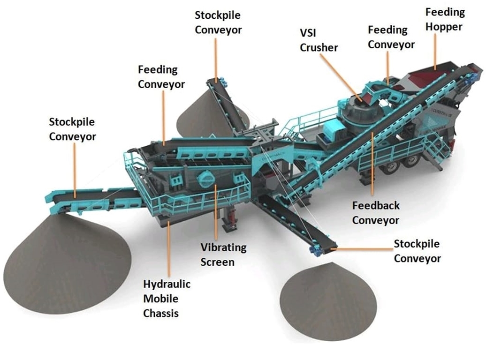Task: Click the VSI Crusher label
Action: pos(319,40)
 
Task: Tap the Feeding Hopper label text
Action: pos(445,19)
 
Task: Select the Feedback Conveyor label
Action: pos(376,212)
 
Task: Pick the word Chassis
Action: pos(161,313)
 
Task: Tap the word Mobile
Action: pos(161,299)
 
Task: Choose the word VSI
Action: pos(310,33)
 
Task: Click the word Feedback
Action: pos(376,205)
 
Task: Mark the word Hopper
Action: pos(444,27)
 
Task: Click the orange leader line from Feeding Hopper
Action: pos(436,51)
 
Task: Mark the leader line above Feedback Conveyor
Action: pos(372,164)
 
